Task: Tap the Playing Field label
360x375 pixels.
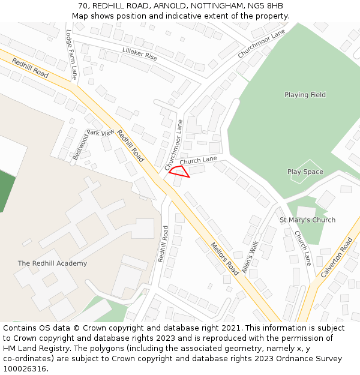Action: click(x=305, y=95)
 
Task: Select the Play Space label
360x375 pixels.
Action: click(x=305, y=172)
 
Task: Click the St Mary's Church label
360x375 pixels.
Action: click(x=308, y=220)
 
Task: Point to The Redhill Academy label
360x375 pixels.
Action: click(x=52, y=263)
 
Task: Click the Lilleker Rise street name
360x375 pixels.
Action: click(x=139, y=54)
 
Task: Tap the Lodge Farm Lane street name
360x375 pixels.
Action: click(x=71, y=55)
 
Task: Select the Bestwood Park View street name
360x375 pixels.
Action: click(x=93, y=144)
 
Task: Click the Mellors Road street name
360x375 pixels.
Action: click(x=224, y=259)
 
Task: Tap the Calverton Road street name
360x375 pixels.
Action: click(x=337, y=257)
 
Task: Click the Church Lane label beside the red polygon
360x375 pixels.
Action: click(x=198, y=160)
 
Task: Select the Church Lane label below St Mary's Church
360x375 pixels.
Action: click(x=302, y=249)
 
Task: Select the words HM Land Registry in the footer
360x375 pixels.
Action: click(x=33, y=349)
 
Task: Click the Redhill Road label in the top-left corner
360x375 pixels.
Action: click(x=30, y=68)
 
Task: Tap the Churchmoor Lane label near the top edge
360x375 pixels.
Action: click(x=261, y=44)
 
